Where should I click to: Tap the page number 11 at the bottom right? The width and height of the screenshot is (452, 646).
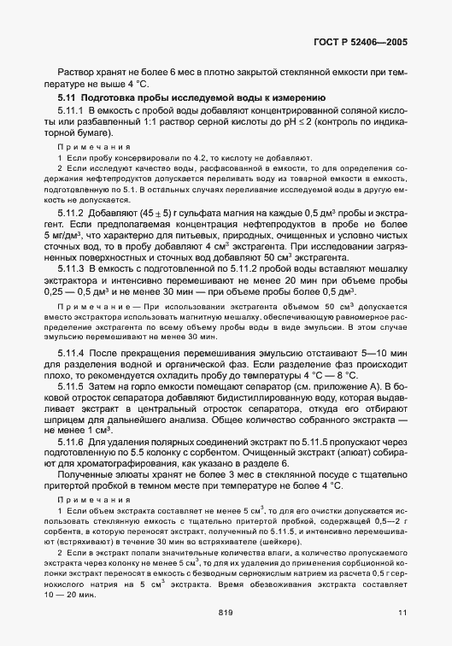(x=402, y=612)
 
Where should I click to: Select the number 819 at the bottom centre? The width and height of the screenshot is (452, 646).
(x=226, y=612)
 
